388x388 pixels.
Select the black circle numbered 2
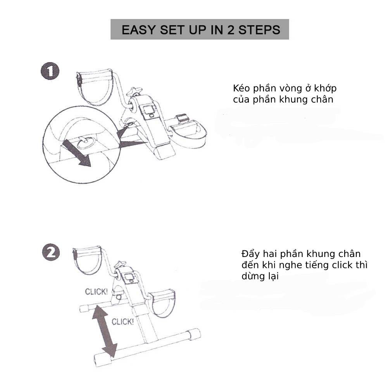coord(51,253)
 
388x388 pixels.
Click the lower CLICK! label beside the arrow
coord(122,321)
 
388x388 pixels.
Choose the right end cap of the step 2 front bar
coord(194,334)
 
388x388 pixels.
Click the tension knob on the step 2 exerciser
coord(122,264)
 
